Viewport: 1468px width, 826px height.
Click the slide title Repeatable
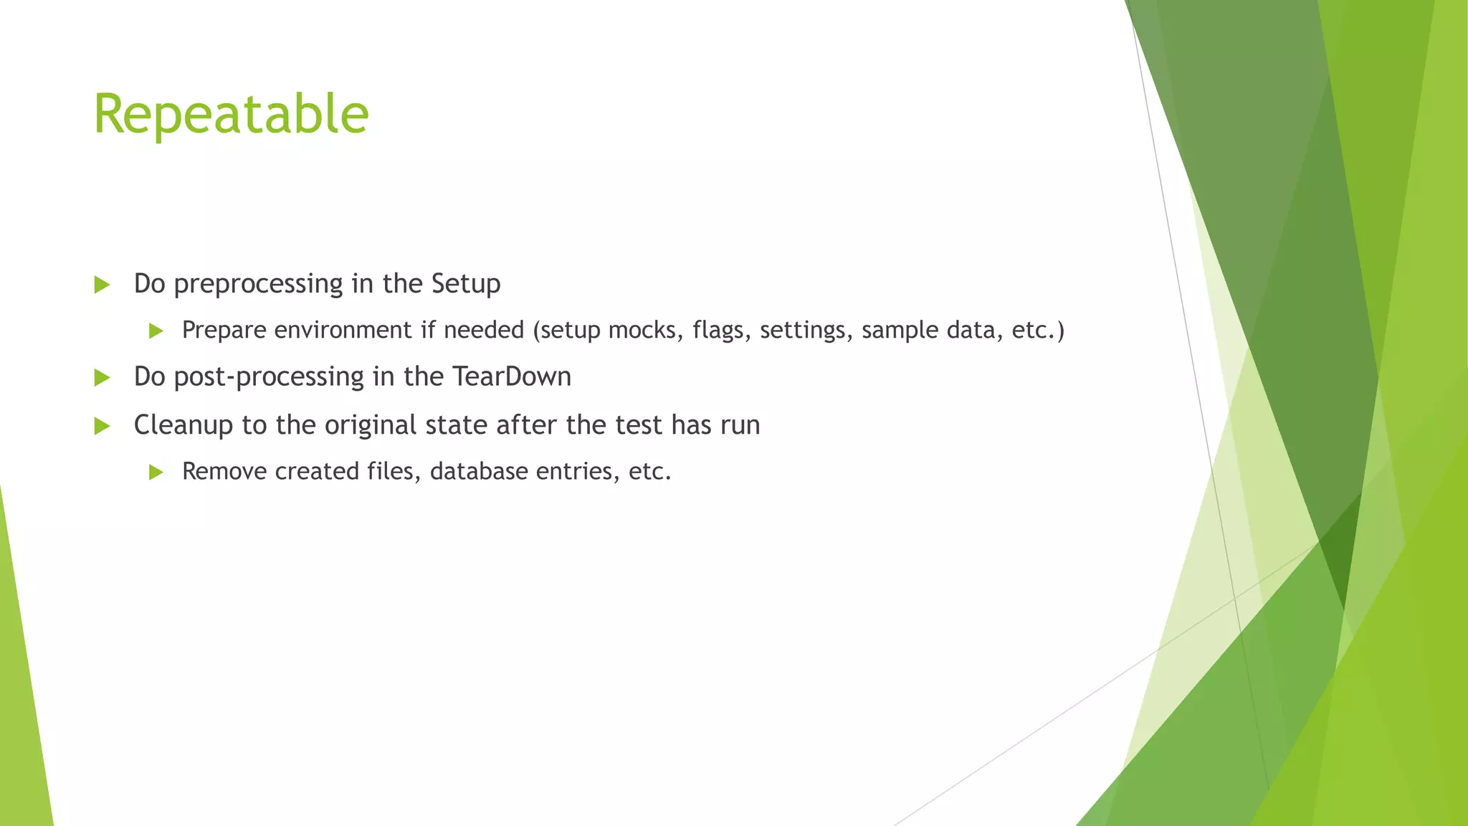click(x=231, y=115)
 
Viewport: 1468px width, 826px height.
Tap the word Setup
click(x=466, y=285)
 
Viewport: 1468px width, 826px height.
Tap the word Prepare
click(x=224, y=331)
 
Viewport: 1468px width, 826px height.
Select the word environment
click(x=343, y=331)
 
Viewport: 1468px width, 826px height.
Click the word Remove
click(x=224, y=472)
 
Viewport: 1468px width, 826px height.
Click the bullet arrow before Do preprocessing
click(x=102, y=285)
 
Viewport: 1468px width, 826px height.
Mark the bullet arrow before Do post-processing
click(x=102, y=378)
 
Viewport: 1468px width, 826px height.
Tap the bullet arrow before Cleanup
click(x=102, y=427)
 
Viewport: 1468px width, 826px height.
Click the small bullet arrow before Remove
click(x=156, y=473)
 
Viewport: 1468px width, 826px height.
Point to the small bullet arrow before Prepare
click(x=156, y=331)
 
